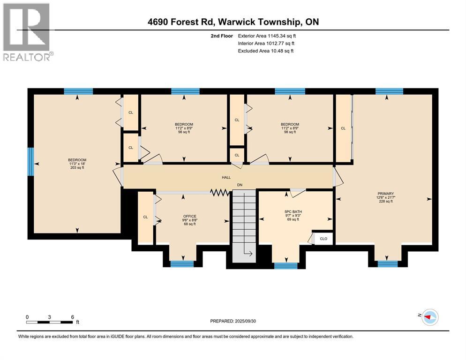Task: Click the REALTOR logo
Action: point(28,32)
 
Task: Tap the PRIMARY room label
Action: point(385,194)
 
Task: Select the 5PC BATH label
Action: point(293,212)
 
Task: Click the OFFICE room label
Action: point(189,217)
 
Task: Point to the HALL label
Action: point(226,178)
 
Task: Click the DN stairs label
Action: point(240,185)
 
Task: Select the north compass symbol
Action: point(430,317)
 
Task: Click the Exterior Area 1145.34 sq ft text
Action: point(267,36)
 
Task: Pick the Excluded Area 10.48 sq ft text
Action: point(266,51)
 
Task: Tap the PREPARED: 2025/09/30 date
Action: point(233,321)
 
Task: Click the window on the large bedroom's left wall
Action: point(30,162)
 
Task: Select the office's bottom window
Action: point(182,264)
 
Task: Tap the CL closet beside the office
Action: point(146,218)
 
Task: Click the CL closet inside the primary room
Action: point(343,128)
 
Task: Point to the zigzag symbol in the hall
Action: point(219,193)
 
